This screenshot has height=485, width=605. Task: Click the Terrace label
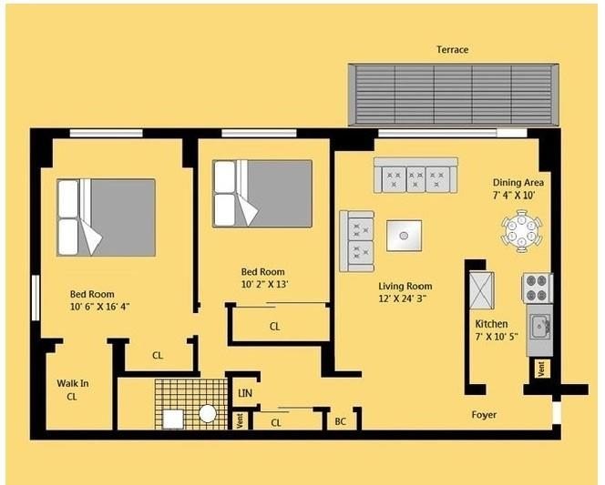452,50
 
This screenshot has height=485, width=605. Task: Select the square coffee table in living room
404,236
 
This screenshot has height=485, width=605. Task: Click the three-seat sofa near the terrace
415,175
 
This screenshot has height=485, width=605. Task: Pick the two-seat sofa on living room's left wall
357,240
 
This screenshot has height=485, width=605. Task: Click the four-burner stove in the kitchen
537,288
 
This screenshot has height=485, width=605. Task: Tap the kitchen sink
540,324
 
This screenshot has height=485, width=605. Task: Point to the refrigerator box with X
480,290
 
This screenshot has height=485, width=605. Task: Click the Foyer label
484,415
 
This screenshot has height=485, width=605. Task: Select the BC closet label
340,421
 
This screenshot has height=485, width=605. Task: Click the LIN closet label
244,393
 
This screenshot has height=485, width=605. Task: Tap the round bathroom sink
208,414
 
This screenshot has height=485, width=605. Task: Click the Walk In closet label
72,389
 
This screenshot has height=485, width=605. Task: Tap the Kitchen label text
492,324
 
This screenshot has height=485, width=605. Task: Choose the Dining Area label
518,182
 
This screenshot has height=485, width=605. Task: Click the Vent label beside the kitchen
541,369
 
